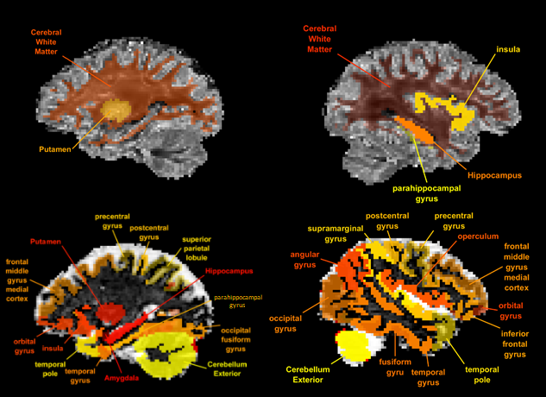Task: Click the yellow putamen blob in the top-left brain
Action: coord(115,111)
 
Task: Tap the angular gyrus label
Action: coord(304,261)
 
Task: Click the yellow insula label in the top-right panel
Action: coord(507,49)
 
